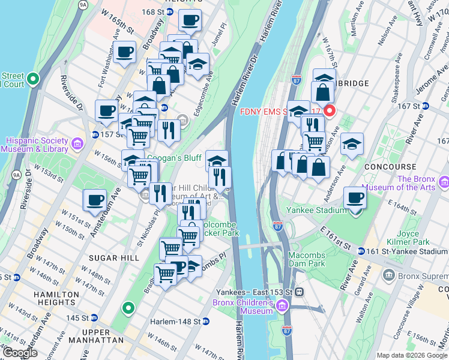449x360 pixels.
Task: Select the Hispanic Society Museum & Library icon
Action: (x=77, y=144)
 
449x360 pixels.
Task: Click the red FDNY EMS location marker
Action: (x=329, y=111)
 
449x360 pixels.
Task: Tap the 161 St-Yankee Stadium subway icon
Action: (x=361, y=251)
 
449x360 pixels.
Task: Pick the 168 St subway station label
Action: (x=152, y=11)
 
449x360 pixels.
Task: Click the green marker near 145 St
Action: (x=127, y=309)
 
